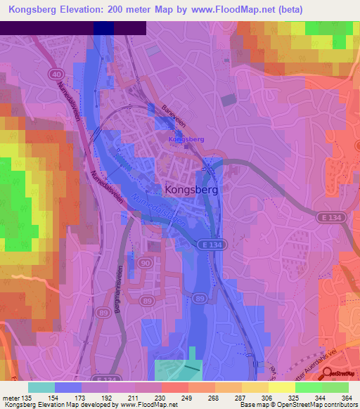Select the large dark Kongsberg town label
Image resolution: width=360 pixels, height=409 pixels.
click(x=191, y=190)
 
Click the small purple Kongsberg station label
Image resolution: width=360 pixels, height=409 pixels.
click(x=186, y=139)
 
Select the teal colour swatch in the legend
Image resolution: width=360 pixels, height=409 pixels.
click(x=41, y=387)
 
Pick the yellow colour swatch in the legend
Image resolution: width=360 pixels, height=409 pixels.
click(x=282, y=387)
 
